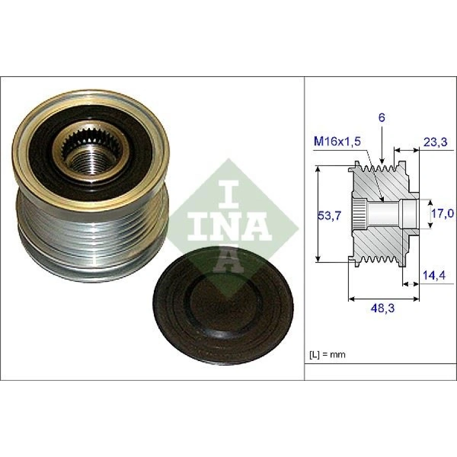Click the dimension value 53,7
[x=329, y=216]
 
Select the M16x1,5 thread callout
[x=337, y=142]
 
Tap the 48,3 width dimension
[x=382, y=308]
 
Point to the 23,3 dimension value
[x=435, y=142]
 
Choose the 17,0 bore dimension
[x=442, y=214]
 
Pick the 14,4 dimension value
[x=434, y=275]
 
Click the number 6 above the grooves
[x=381, y=118]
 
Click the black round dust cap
[x=223, y=305]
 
